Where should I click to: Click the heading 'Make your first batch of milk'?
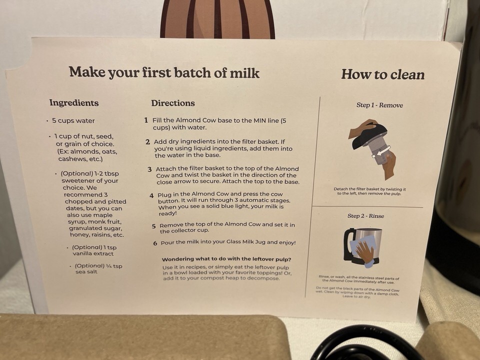pyautogui.click(x=164, y=72)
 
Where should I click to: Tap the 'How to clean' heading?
pyautogui.click(x=382, y=74)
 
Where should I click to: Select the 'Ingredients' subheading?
pyautogui.click(x=74, y=103)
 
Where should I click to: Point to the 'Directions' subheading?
pyautogui.click(x=173, y=103)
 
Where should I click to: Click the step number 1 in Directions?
pyautogui.click(x=146, y=120)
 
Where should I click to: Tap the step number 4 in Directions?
pyautogui.click(x=151, y=195)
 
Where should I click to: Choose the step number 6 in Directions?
pyautogui.click(x=155, y=243)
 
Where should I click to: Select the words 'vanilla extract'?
pyautogui.click(x=93, y=253)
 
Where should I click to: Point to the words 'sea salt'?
pyautogui.click(x=86, y=271)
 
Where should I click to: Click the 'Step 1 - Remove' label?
pyautogui.click(x=379, y=105)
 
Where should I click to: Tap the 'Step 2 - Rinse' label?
pyautogui.click(x=365, y=216)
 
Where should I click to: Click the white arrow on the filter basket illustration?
pyautogui.click(x=382, y=151)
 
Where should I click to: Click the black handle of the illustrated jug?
pyautogui.click(x=348, y=244)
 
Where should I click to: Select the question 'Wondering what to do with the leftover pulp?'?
pyautogui.click(x=226, y=259)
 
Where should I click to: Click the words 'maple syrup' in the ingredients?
pyautogui.click(x=86, y=218)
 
